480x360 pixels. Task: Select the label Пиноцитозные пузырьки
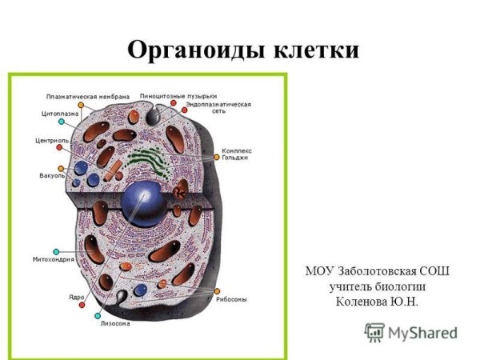178,96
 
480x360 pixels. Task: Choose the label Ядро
77,298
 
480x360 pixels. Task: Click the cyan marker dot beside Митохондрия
55,250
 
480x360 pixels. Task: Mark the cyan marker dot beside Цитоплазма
61,122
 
